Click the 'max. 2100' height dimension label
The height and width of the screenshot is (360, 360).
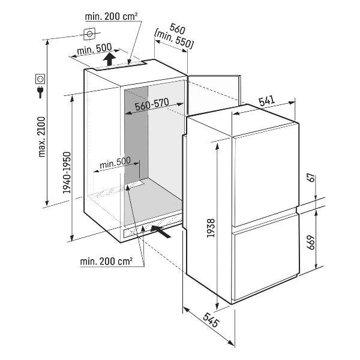click(42, 137)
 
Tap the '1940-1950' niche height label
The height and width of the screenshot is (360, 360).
click(67, 173)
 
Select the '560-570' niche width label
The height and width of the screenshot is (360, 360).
click(152, 104)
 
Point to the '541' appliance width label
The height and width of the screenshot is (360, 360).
click(266, 101)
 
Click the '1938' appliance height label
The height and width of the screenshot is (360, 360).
click(211, 228)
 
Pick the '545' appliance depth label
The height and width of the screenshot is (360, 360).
click(211, 320)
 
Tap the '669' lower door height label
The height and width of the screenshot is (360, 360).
click(311, 242)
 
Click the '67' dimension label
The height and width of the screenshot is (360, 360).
click(311, 178)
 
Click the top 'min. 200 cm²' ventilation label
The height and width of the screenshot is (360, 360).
click(111, 17)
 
